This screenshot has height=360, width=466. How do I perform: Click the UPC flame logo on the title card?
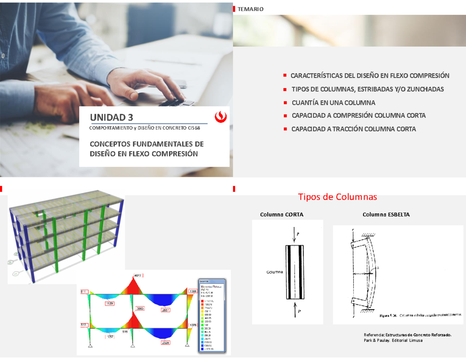pos(221,116)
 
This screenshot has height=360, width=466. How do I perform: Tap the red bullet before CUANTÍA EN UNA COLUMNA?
pos(285,103)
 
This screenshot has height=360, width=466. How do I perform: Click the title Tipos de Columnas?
pos(337,197)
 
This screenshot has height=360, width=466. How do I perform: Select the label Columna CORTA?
pos(282,215)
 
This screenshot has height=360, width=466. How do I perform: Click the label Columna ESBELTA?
pos(386,215)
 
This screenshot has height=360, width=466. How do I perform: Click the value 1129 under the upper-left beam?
pos(110,303)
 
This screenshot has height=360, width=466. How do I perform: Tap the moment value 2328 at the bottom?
pos(166,343)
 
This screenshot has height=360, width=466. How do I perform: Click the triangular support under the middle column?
pos(132,346)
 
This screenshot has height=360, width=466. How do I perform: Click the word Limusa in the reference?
pos(414,340)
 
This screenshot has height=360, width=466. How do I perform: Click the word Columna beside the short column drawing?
pos(275,272)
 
